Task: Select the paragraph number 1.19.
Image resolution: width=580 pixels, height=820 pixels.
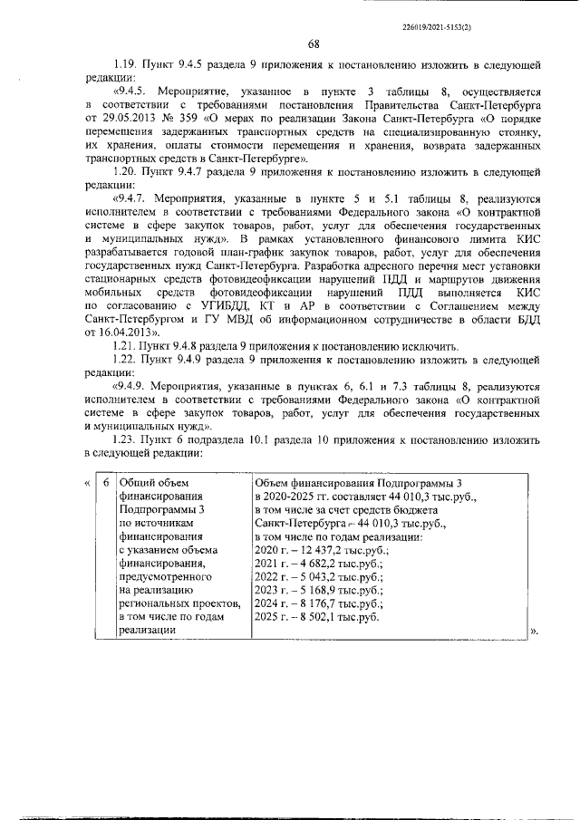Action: [x=125, y=67]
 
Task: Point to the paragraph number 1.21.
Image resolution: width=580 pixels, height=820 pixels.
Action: [x=125, y=347]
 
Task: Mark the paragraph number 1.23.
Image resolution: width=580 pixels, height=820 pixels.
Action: [x=125, y=441]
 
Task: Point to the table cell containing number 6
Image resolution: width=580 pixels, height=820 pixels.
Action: [x=106, y=482]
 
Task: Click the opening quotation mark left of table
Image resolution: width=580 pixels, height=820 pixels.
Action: [x=87, y=482]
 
